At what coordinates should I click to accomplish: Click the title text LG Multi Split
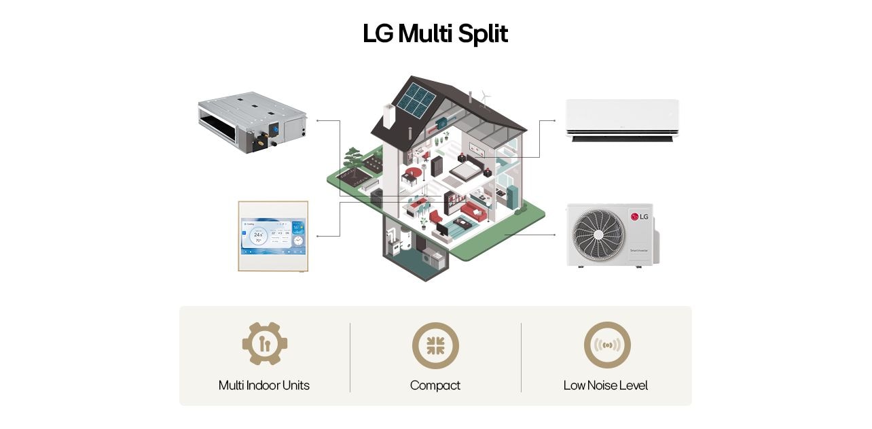(x=435, y=34)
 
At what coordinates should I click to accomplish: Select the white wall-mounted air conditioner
(x=622, y=120)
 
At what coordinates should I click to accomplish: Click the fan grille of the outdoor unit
(x=598, y=234)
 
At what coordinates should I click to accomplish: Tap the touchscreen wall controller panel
(x=273, y=236)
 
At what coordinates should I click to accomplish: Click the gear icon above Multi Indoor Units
(x=265, y=344)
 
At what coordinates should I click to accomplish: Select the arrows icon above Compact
(x=435, y=345)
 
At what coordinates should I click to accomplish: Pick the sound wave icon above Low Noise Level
(x=606, y=345)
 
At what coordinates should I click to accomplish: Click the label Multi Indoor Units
(x=264, y=385)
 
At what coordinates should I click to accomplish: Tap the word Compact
(x=435, y=385)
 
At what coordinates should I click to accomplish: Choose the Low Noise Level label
(x=605, y=385)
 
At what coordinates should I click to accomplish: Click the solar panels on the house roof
(x=416, y=99)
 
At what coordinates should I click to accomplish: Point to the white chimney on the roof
(x=388, y=116)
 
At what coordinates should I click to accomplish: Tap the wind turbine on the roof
(x=485, y=98)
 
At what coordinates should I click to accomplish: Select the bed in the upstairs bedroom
(x=465, y=171)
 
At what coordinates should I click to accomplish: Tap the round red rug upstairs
(x=413, y=173)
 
